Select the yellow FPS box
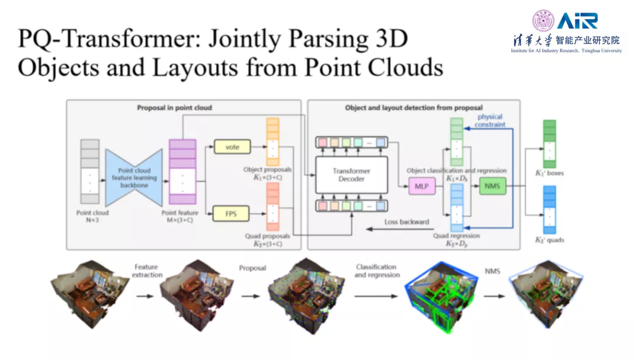231,214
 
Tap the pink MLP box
421,187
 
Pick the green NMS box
492,186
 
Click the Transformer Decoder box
352,175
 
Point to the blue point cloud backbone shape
134,177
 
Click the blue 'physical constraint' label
490,120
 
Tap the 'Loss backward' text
406,222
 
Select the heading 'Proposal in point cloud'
174,108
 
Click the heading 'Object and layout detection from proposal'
414,108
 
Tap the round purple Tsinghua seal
542,21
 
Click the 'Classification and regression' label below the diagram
376,271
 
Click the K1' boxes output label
549,173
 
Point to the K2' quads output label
549,240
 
